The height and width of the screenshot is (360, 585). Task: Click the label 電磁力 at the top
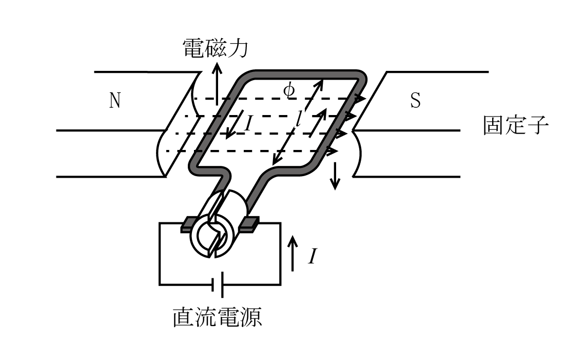[x=216, y=48]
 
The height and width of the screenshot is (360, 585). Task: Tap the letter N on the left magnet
[x=115, y=100]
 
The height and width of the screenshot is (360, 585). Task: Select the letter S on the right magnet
[x=415, y=100]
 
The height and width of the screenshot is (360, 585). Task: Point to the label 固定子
[x=516, y=125]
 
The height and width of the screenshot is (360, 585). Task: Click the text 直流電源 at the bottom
[x=217, y=317]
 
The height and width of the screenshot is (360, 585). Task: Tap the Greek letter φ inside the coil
[x=289, y=90]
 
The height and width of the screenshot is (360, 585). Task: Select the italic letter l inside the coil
[x=299, y=119]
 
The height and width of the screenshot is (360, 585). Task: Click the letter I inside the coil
[x=248, y=124]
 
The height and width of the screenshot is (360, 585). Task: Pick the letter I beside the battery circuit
[x=313, y=256]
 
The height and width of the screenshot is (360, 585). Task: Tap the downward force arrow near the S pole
[x=335, y=176]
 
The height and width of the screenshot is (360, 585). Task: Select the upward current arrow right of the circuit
[x=293, y=254]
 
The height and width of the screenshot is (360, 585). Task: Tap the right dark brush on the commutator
[x=248, y=224]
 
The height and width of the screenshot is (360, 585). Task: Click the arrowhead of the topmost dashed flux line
[x=360, y=99]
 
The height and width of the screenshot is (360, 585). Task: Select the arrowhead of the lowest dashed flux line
[x=332, y=151]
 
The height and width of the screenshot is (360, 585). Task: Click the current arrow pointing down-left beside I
[x=235, y=124]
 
